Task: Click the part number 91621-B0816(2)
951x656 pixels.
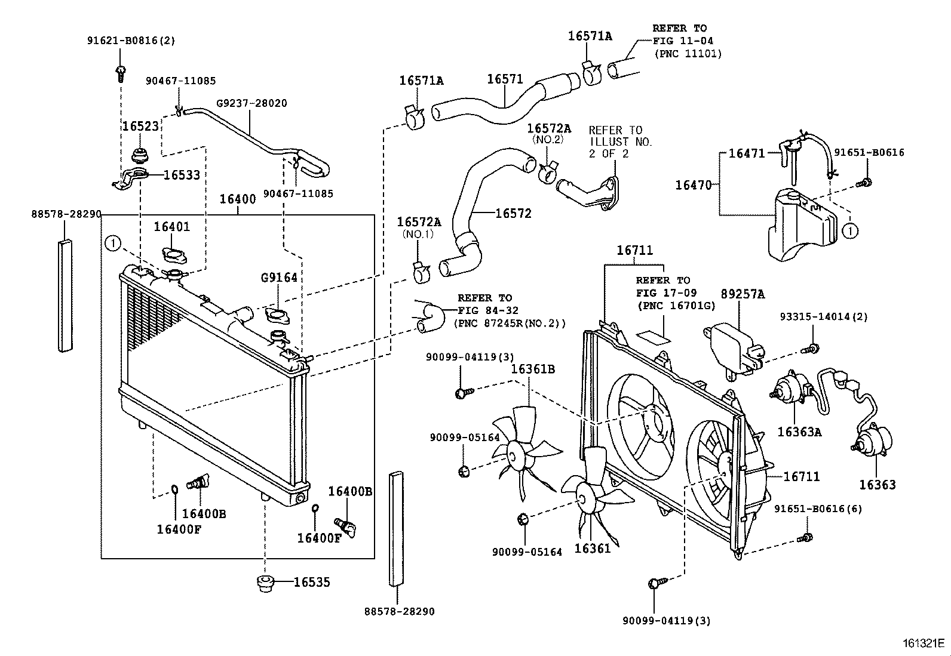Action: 131,41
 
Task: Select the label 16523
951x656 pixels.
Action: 141,127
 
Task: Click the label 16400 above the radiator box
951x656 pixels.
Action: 237,199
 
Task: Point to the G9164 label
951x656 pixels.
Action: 278,278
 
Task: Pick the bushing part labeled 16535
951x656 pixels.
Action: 264,583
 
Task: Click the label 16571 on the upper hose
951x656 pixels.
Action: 505,79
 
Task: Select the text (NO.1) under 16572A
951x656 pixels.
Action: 418,234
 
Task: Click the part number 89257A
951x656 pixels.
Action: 743,294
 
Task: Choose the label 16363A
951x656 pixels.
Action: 799,432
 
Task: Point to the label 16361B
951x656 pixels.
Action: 532,369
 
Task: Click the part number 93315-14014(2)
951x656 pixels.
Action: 823,317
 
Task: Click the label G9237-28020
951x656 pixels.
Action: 251,103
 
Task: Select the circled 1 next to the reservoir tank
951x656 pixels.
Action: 851,230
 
